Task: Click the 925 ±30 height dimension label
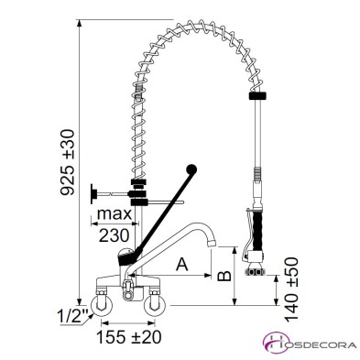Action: click(x=67, y=162)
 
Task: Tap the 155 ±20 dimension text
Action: click(x=128, y=337)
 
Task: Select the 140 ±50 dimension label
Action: click(x=291, y=289)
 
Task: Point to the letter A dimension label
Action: click(x=182, y=264)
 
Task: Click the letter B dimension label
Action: click(x=224, y=276)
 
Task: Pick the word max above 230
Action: click(x=114, y=214)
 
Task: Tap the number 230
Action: click(x=114, y=235)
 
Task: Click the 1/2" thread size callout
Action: click(x=72, y=317)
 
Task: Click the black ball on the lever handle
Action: click(x=191, y=169)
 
